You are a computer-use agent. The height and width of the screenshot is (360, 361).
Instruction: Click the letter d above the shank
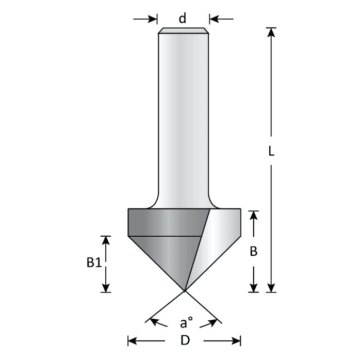182,19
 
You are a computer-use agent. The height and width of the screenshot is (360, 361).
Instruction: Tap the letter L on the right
271,153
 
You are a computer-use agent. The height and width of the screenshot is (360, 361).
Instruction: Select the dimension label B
253,252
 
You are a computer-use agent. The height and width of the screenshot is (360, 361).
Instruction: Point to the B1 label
93,263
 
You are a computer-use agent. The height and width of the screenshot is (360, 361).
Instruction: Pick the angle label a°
186,324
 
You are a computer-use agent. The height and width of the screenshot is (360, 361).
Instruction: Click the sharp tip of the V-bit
184,290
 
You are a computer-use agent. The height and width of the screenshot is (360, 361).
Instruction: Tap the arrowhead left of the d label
153,19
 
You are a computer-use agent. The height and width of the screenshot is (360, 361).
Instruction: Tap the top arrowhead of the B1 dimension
106,240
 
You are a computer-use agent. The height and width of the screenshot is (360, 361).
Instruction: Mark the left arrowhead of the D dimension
132,340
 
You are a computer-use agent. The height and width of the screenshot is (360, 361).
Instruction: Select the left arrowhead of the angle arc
153,322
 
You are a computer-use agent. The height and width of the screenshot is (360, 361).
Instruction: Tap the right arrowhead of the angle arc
211,323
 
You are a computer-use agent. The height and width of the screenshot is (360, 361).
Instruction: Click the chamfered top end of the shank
184,30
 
